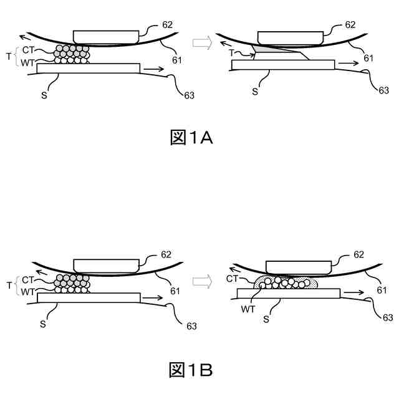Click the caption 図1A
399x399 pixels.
[191, 138]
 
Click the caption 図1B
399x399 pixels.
[191, 370]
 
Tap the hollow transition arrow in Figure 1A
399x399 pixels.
[201, 42]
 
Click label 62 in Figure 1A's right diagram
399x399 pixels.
[350, 25]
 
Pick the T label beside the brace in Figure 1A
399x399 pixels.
[8, 56]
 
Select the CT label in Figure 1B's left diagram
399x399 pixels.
[27, 280]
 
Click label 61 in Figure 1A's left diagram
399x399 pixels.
[175, 61]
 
